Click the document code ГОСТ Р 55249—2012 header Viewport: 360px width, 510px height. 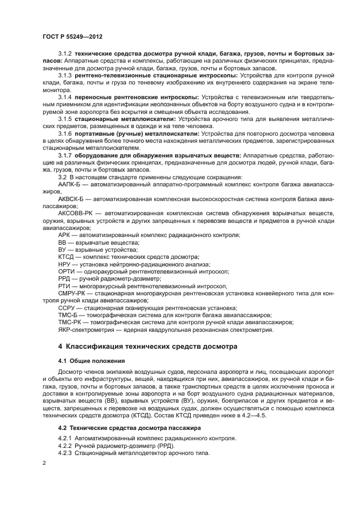click(72, 37)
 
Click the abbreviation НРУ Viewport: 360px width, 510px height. click(65, 264)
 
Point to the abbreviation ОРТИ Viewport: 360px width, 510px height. click(66, 271)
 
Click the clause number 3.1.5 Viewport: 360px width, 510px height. click(65, 118)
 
